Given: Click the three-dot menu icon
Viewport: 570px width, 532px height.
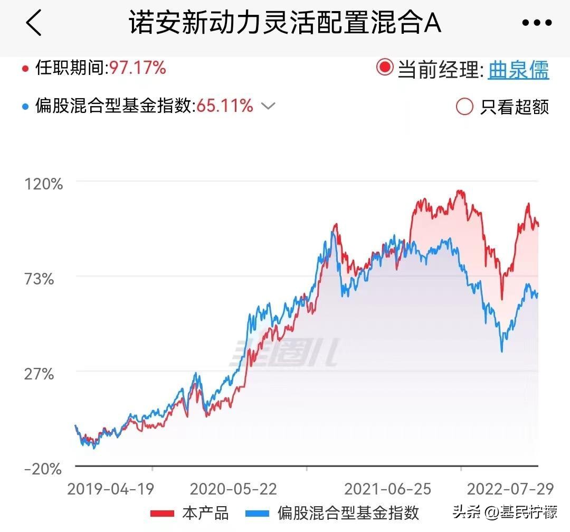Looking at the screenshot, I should pos(537,23).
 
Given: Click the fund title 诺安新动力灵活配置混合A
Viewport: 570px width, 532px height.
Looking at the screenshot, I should pos(285,23).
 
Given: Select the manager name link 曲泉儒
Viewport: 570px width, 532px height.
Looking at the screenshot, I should pos(518,69).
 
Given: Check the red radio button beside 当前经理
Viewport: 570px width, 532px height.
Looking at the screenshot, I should pos(385,68).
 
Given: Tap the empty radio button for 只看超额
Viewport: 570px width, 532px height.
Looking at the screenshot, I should pos(464,107).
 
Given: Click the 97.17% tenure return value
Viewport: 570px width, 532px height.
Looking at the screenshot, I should pos(138,68).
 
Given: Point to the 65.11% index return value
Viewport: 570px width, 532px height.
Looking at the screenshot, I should pos(225,106).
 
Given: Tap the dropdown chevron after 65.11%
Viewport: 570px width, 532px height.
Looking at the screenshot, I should pos(269,106).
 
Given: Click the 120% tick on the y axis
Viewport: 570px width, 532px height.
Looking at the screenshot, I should pos(44,184).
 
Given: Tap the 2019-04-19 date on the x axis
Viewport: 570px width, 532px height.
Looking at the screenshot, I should pos(111,489).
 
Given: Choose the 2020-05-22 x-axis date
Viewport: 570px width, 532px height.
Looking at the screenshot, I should pos(233,489).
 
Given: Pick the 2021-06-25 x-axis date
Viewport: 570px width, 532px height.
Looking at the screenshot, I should pos(388,489).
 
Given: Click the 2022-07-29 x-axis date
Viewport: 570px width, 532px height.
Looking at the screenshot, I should pos(511,489).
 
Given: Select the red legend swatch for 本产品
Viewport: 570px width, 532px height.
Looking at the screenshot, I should pos(162,513).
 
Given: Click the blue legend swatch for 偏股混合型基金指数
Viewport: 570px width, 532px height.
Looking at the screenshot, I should pos(258,513).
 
